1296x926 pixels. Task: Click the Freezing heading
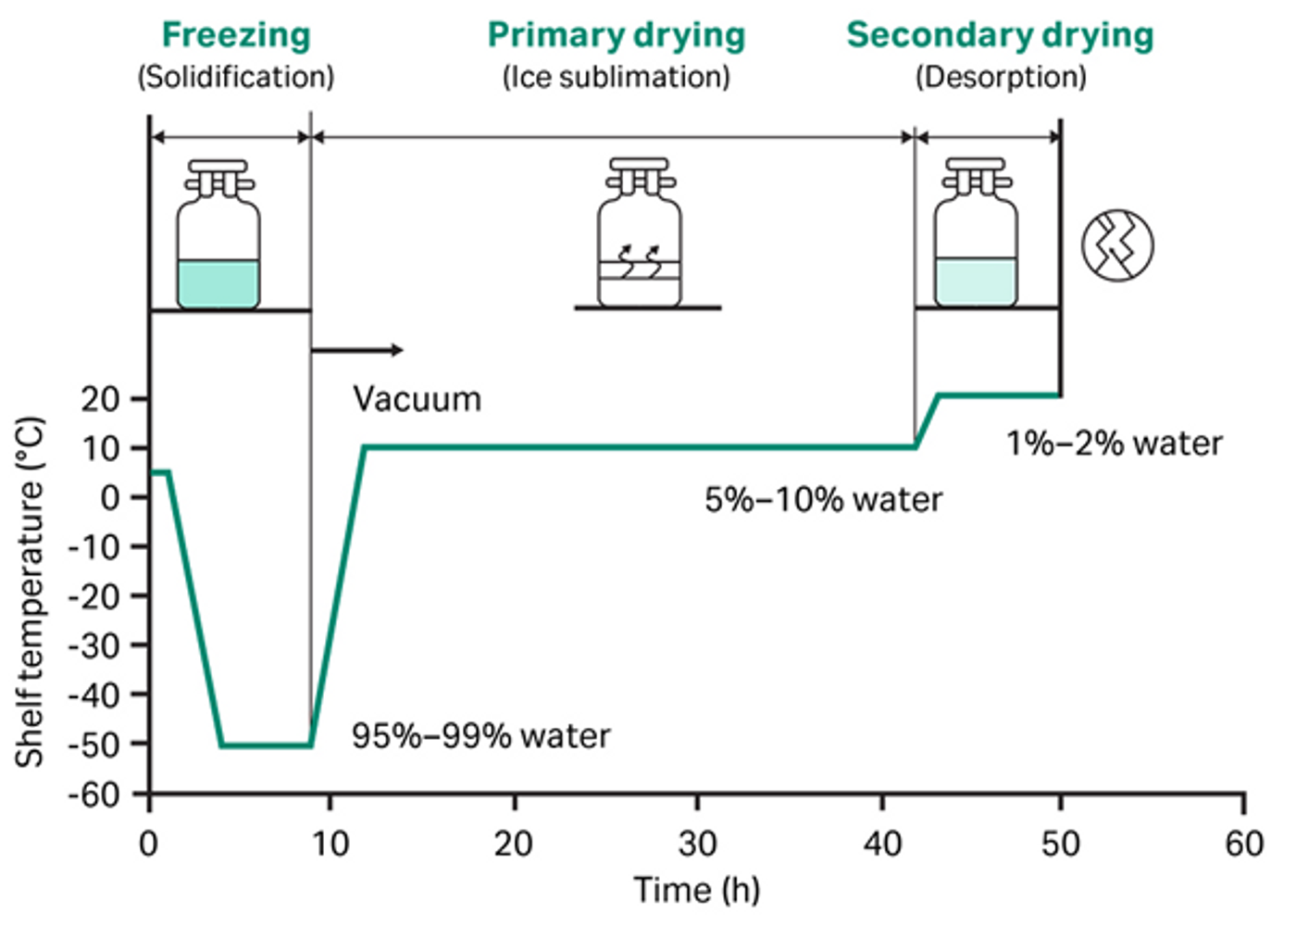point(236,36)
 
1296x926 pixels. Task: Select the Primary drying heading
point(617,36)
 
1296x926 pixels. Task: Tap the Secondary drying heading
point(1001,36)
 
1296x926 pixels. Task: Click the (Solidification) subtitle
point(236,77)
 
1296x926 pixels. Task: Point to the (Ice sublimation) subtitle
point(617,77)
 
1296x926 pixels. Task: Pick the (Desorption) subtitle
point(1001,77)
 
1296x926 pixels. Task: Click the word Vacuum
point(417,399)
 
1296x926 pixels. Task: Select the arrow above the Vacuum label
point(357,350)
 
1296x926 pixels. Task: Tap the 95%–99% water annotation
point(481,736)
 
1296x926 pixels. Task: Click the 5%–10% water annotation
point(823,499)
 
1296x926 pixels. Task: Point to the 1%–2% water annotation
point(1115,444)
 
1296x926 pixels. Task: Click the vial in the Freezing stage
point(218,234)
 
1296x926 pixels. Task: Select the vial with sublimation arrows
point(640,232)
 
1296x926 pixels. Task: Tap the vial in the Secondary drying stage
point(976,232)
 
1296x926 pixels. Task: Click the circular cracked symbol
point(1118,245)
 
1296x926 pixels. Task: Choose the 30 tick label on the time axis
point(698,844)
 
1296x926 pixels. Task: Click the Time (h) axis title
point(697,890)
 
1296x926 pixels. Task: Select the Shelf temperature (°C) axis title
point(29,592)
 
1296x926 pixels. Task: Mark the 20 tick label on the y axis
point(101,399)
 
